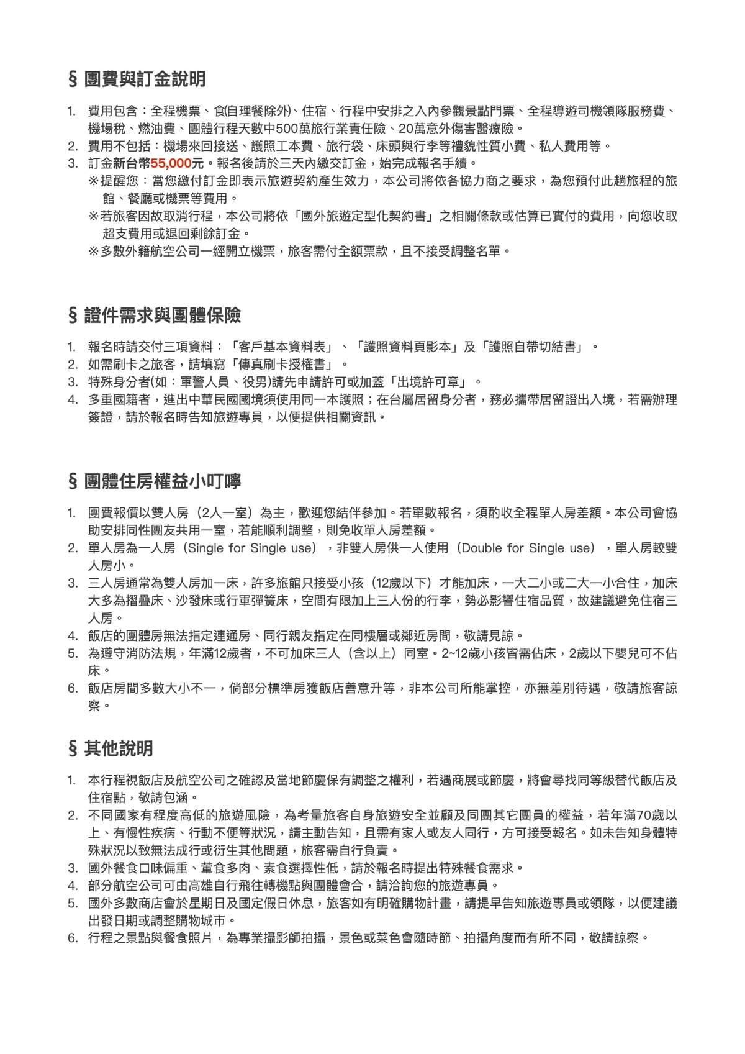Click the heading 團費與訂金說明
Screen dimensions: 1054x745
(145, 80)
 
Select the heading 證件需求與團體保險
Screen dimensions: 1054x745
(163, 316)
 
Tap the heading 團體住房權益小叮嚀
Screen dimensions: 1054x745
(163, 481)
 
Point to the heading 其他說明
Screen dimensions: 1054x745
(119, 748)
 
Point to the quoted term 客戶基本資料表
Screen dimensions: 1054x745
(281, 347)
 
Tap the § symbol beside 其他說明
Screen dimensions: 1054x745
(73, 748)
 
